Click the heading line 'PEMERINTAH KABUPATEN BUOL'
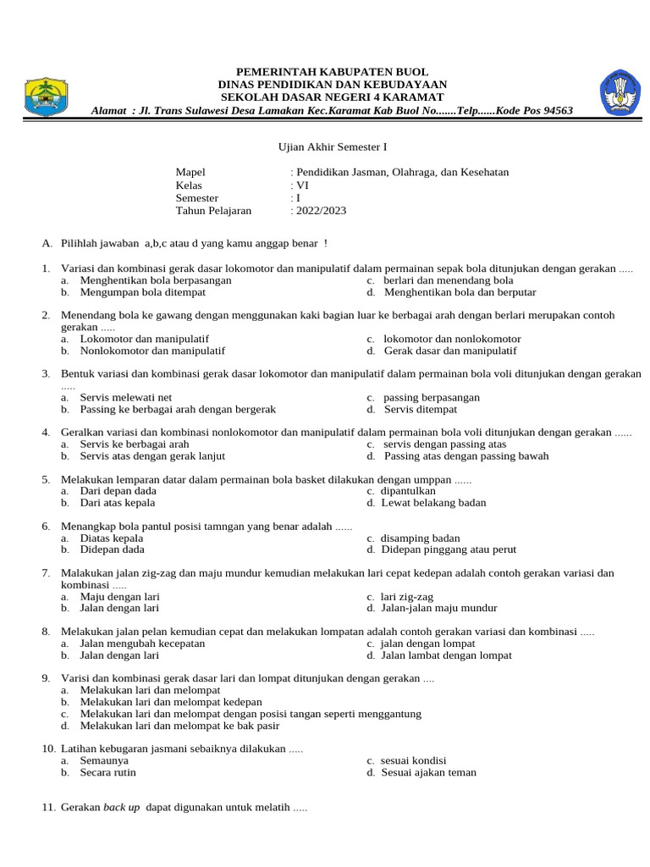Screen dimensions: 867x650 (x=332, y=72)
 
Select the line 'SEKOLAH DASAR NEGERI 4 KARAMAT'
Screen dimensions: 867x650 (x=332, y=97)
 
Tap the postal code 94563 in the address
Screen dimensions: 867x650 (x=555, y=111)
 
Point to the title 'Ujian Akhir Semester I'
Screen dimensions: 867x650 (x=332, y=146)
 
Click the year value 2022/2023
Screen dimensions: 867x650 (x=321, y=211)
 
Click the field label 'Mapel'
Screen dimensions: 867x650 (x=190, y=172)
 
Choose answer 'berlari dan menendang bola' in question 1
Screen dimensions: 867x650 (x=448, y=280)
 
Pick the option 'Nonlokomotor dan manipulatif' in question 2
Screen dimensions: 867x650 (x=152, y=351)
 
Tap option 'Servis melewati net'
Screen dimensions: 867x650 (x=126, y=397)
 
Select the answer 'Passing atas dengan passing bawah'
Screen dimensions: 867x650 (x=466, y=456)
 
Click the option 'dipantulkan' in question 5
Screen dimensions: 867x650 (x=410, y=491)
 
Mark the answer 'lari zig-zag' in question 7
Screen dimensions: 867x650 (x=407, y=597)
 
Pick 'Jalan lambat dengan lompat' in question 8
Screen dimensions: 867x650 (x=448, y=655)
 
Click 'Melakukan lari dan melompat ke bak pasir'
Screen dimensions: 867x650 (x=179, y=726)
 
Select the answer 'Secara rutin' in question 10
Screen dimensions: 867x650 (x=107, y=772)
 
